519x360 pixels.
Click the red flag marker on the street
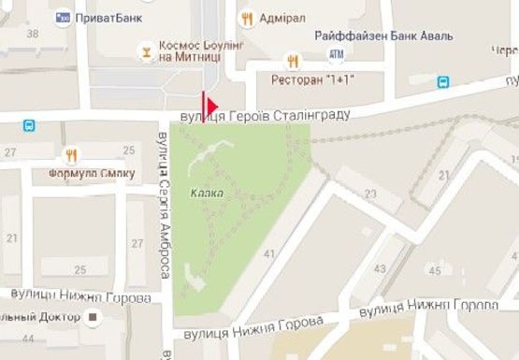209,105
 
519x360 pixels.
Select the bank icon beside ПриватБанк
64,16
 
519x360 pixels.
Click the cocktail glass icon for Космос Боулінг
144,50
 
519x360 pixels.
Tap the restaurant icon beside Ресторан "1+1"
293,62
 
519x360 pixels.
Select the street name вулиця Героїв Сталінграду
265,115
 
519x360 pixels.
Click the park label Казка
204,194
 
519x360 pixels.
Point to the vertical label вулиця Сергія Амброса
163,206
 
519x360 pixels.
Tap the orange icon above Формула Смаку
71,154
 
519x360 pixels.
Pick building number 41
271,254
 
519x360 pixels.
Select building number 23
370,194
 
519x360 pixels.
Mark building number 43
380,269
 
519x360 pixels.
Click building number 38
34,35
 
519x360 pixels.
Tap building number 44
26,339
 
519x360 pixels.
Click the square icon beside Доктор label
93,318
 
